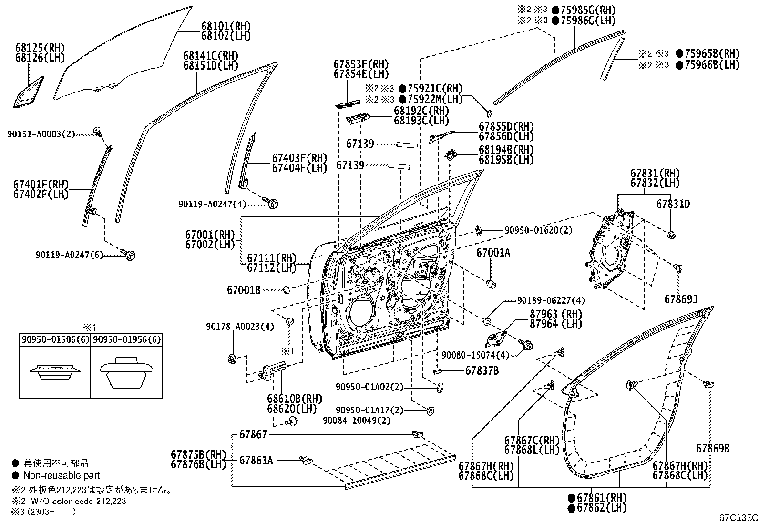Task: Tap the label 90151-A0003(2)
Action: click(x=41, y=134)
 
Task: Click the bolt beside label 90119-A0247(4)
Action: click(x=273, y=204)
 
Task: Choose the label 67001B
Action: click(x=244, y=289)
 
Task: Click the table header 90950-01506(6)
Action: click(x=55, y=339)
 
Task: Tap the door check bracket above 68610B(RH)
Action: click(x=274, y=370)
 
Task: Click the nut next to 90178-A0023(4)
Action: click(x=232, y=359)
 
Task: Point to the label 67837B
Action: click(x=482, y=370)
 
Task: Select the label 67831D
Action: click(x=673, y=204)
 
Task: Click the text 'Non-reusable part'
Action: click(x=62, y=475)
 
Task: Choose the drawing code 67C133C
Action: click(x=738, y=518)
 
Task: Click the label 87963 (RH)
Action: click(x=556, y=314)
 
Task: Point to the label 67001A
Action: click(x=493, y=253)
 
